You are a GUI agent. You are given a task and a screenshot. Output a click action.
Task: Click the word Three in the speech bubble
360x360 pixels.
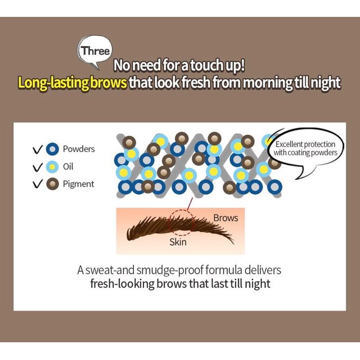97,51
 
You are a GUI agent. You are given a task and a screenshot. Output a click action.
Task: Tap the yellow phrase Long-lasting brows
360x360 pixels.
72,82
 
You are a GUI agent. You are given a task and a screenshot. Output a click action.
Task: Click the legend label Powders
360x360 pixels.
79,149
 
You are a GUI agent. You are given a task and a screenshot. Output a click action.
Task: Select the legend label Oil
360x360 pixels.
68,167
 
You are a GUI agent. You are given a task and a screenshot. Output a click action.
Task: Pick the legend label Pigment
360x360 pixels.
78,184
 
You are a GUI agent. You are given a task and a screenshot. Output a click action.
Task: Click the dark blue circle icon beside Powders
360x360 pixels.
53,149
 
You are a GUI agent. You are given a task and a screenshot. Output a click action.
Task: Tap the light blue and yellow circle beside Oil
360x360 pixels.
53,167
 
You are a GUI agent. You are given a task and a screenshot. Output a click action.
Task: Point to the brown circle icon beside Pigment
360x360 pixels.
53,184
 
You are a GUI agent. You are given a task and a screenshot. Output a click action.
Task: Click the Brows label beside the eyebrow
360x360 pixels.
226,218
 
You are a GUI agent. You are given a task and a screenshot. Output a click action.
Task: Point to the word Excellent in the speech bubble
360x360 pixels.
292,144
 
